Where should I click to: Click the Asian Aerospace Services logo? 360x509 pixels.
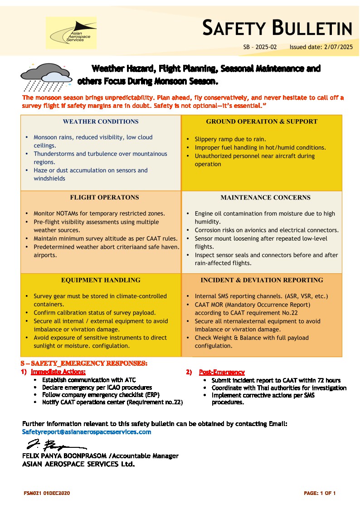click(x=71, y=33)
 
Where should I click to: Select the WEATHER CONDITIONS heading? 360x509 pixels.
click(x=101, y=121)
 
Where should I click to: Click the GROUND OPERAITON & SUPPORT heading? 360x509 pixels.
click(x=262, y=121)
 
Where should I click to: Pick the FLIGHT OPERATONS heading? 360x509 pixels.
click(x=104, y=198)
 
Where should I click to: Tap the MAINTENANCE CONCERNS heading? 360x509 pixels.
click(x=265, y=198)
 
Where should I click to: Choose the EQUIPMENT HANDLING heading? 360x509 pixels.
click(x=101, y=280)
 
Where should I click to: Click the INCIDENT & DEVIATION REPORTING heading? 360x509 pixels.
click(x=262, y=280)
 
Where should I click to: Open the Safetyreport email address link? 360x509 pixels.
click(x=87, y=432)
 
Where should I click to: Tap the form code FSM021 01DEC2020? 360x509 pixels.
click(x=47, y=493)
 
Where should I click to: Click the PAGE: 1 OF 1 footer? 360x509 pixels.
click(x=320, y=493)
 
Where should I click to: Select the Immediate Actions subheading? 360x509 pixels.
click(x=58, y=372)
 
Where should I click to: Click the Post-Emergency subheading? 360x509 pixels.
click(x=222, y=372)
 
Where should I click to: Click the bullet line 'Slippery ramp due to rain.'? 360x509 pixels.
click(x=230, y=139)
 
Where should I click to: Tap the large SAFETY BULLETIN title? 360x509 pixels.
click(x=277, y=28)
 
